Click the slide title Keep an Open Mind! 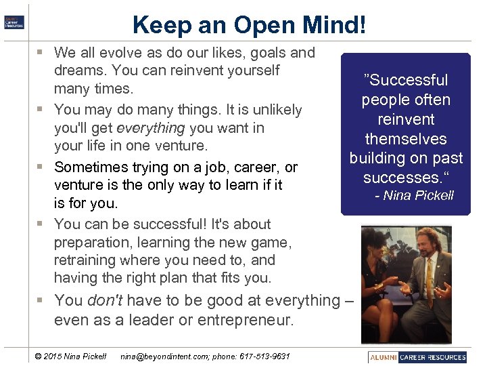250,25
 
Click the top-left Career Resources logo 14,22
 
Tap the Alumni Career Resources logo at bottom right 418,357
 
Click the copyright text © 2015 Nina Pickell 70,357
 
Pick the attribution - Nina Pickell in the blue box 414,196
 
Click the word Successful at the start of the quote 407,80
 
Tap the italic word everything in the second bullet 151,127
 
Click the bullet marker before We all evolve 43,53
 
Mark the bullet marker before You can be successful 43,224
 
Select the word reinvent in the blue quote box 406,119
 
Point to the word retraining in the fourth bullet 85,260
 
